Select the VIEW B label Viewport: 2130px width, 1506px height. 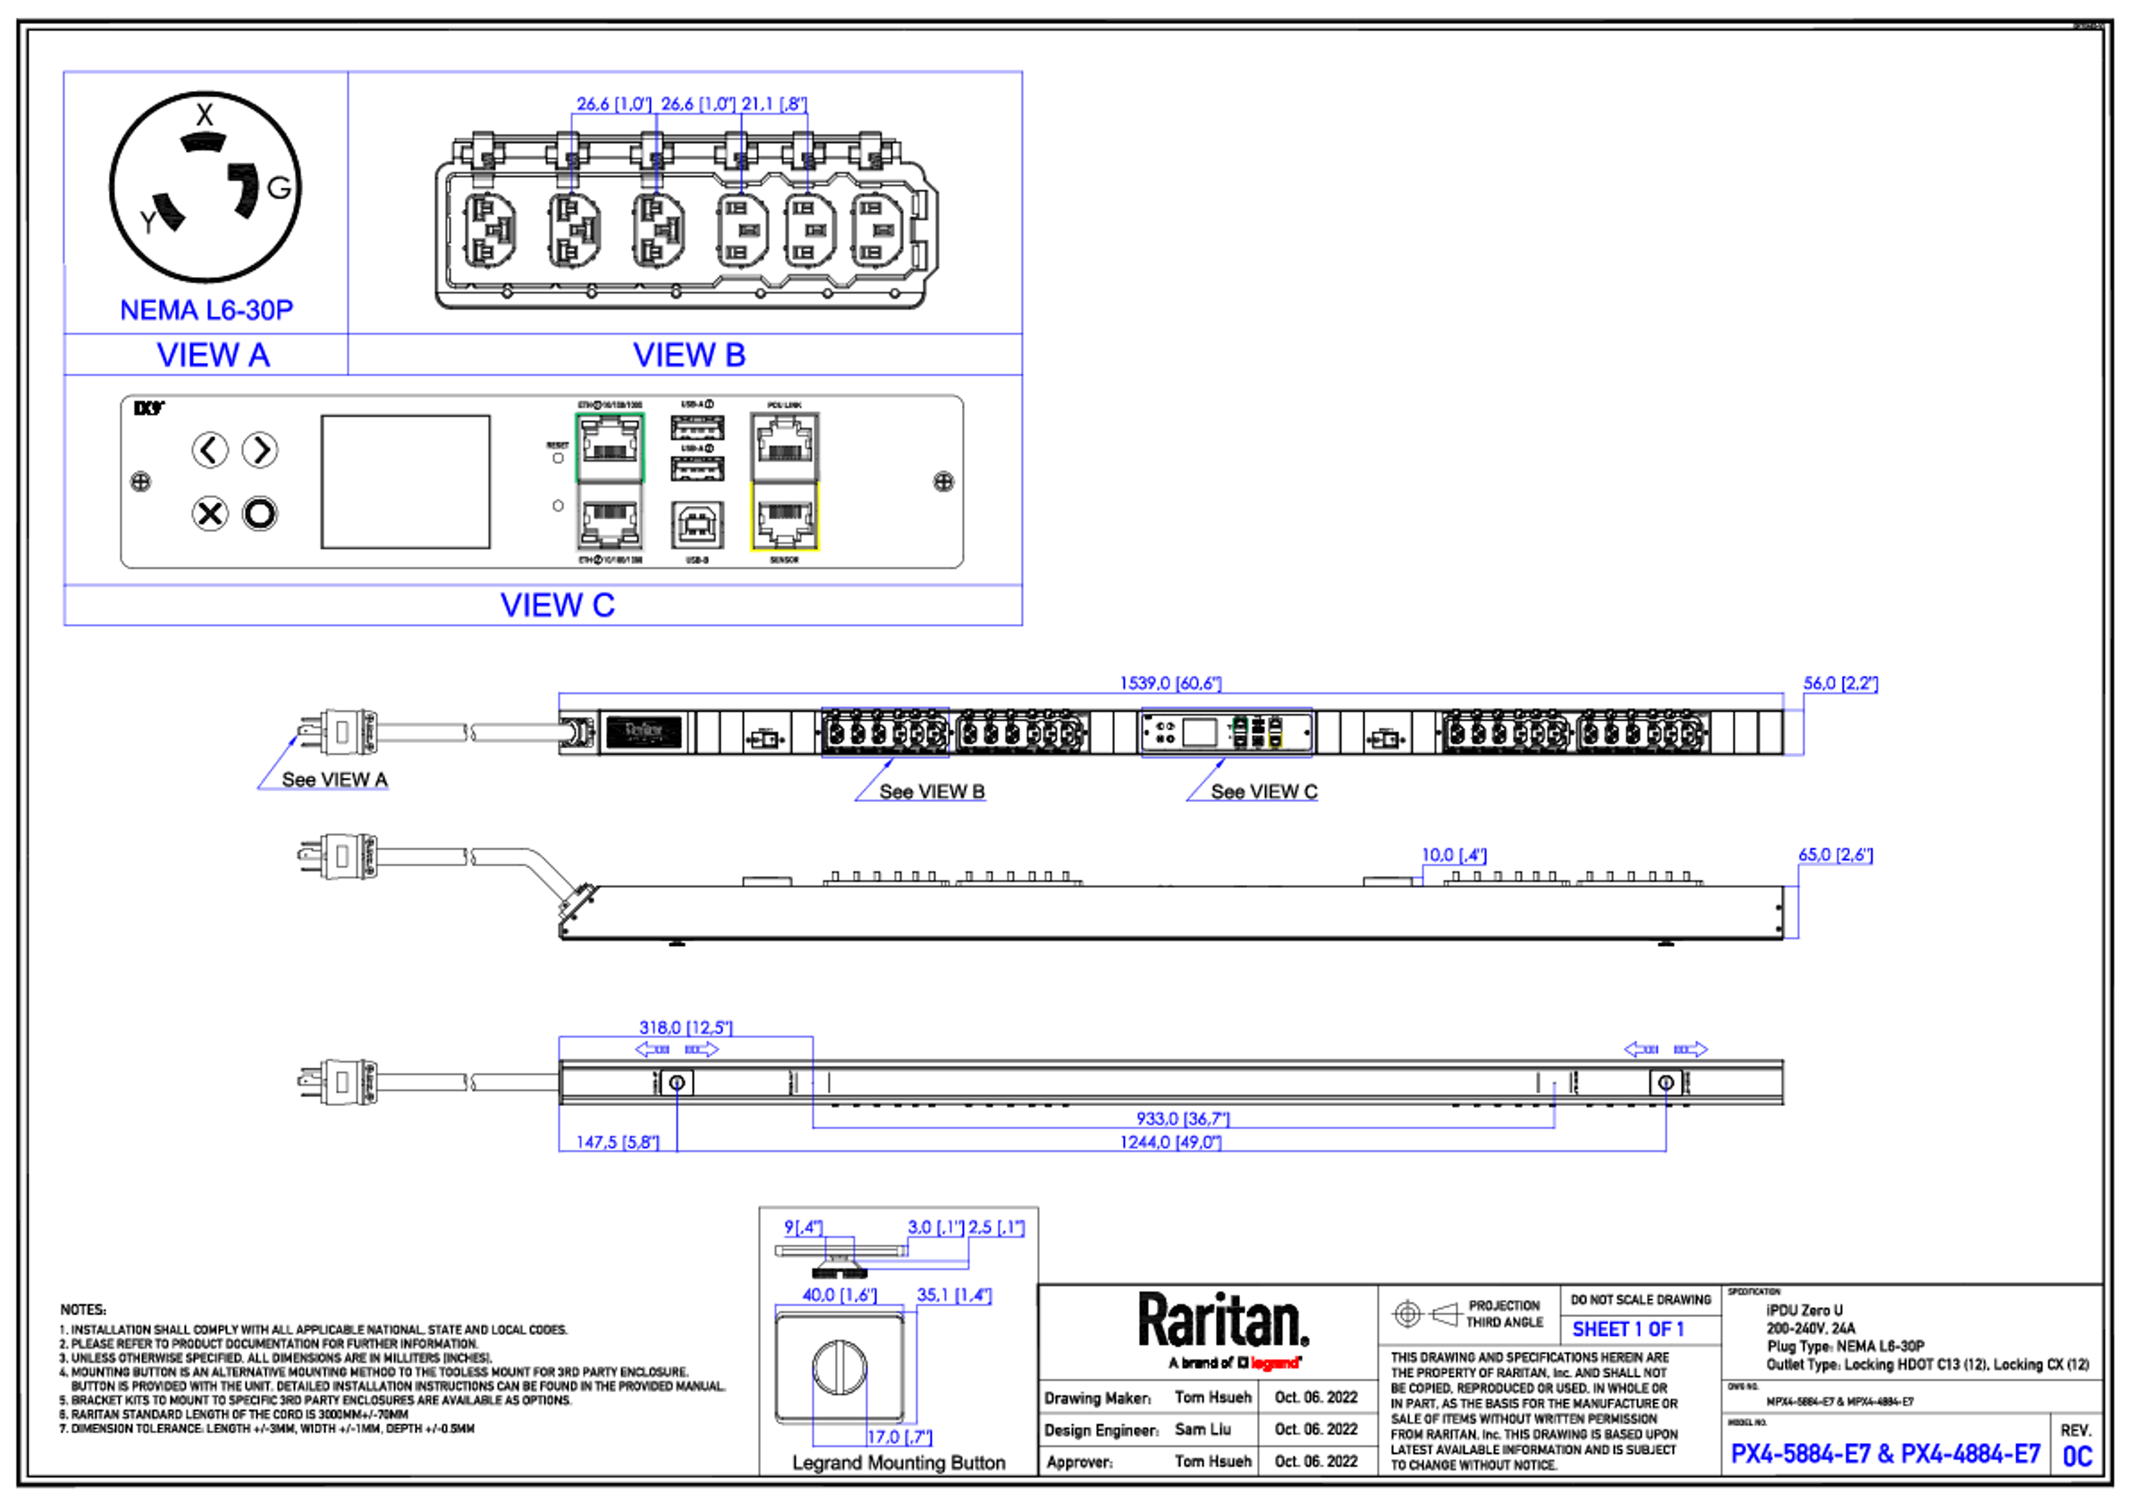(x=689, y=354)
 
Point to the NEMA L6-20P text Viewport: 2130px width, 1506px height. (x=207, y=309)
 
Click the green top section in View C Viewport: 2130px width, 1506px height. (x=610, y=445)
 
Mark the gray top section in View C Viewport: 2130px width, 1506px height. (x=785, y=445)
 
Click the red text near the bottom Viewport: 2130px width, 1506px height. (x=1275, y=1362)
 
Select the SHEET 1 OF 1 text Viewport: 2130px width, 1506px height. (x=1627, y=1330)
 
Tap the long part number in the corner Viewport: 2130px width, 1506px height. (x=1885, y=1454)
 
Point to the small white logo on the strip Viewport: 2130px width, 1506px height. (x=644, y=731)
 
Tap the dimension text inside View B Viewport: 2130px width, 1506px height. (x=690, y=103)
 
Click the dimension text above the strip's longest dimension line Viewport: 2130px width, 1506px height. (x=1171, y=683)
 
